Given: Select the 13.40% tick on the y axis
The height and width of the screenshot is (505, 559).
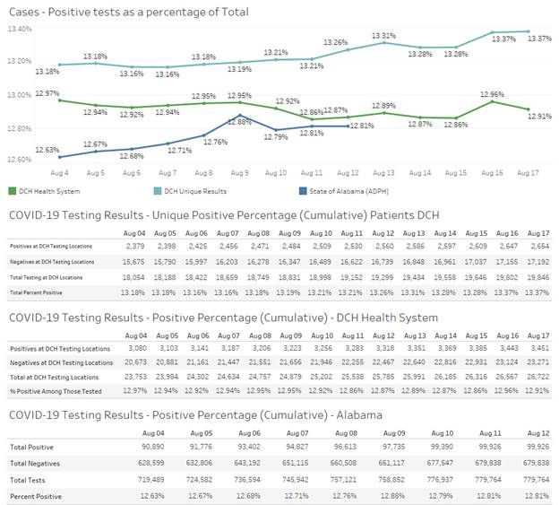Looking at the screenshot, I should (x=21, y=29).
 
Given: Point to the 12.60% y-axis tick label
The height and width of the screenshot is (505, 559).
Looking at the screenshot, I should (x=21, y=160).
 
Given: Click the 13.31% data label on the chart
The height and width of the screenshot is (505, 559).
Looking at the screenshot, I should (x=383, y=36).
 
